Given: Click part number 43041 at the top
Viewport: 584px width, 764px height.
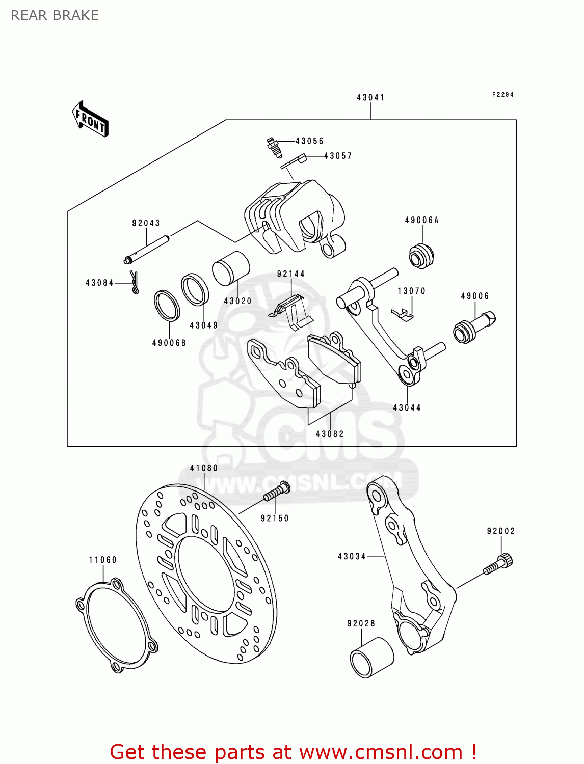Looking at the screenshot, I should pos(370,97).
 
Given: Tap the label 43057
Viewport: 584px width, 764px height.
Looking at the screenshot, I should pos(338,156).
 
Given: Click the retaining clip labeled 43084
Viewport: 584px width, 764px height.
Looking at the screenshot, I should pos(135,283).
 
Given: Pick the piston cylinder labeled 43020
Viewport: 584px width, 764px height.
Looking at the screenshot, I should pos(231,268).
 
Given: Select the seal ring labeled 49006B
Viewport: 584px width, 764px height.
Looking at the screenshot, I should pos(167,306).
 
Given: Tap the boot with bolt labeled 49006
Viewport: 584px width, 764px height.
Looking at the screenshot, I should pos(474,326).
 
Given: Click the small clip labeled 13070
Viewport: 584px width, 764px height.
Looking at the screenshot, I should pos(403,314).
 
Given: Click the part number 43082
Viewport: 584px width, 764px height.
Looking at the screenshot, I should pos(330,434).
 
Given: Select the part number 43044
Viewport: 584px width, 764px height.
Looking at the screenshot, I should pos(407,407).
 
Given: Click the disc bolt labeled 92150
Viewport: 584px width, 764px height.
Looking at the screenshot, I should pos(277,493).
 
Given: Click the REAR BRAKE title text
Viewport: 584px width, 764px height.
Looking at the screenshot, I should pos(55,15).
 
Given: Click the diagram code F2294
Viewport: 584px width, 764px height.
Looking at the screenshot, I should pos(502,94).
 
